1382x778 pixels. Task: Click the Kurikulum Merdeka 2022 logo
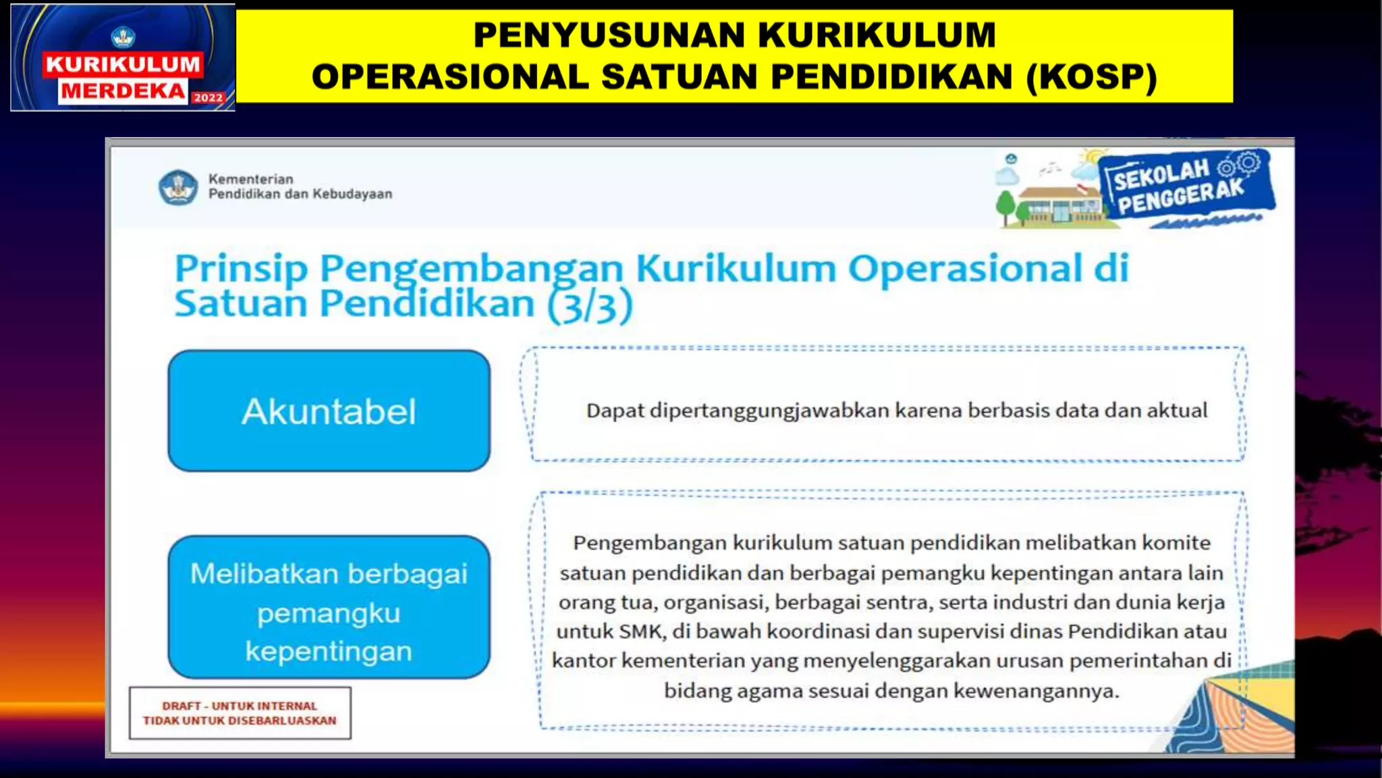123,58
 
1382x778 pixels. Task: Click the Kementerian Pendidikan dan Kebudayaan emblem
178,187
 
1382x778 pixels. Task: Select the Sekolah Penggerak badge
1185,184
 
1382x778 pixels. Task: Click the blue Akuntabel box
329,411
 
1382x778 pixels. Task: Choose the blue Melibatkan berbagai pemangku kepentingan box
329,606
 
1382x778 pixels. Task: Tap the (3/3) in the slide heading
590,305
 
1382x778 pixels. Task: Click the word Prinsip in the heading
241,269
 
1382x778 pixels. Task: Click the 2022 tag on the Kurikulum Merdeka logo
208,98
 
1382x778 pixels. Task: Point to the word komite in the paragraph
1176,543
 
